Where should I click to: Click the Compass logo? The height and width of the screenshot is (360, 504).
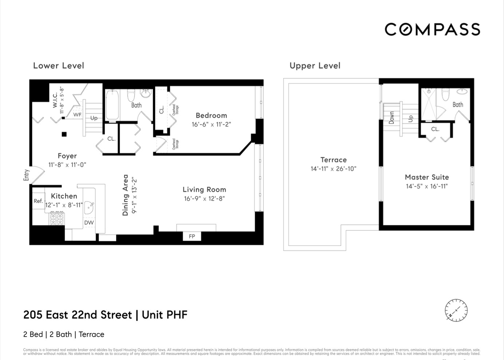point(432,30)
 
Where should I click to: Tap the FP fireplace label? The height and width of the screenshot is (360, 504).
point(192,236)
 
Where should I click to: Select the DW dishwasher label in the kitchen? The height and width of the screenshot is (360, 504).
point(89,222)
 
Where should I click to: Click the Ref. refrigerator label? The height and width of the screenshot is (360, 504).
point(38,201)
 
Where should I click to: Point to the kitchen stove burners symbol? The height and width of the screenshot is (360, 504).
point(57,218)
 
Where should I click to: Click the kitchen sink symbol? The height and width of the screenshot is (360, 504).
point(89,208)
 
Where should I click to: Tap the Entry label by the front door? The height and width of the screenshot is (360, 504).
point(26,175)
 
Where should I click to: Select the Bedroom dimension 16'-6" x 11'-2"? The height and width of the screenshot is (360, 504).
point(211,124)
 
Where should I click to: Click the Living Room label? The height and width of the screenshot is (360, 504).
point(204,189)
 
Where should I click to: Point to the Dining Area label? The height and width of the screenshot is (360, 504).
point(125,195)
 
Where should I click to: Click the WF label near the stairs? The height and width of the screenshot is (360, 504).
point(77,115)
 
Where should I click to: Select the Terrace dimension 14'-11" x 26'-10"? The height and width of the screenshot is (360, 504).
point(333,169)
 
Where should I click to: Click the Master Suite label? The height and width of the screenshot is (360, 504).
point(427,177)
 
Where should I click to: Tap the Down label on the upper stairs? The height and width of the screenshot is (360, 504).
point(391,118)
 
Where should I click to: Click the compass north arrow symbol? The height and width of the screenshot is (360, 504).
point(456,310)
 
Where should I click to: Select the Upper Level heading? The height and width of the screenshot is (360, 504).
point(315,66)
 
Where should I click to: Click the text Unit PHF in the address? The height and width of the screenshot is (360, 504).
point(165,315)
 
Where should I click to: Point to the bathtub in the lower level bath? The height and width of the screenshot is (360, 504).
point(112,105)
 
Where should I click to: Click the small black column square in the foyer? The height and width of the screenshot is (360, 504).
point(64,134)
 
